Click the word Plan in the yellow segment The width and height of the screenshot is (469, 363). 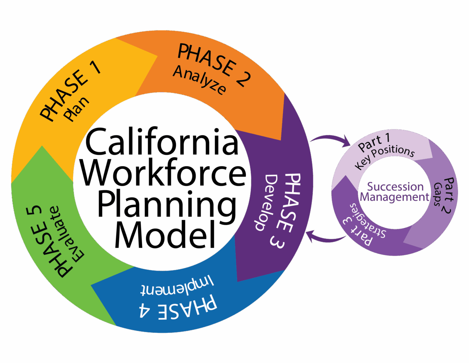pos(77,109)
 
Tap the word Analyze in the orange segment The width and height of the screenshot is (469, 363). pos(199,80)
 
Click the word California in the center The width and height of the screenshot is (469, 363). pos(162,142)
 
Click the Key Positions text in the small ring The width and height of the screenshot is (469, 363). pos(385,157)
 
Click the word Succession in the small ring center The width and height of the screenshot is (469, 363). pos(395,187)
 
